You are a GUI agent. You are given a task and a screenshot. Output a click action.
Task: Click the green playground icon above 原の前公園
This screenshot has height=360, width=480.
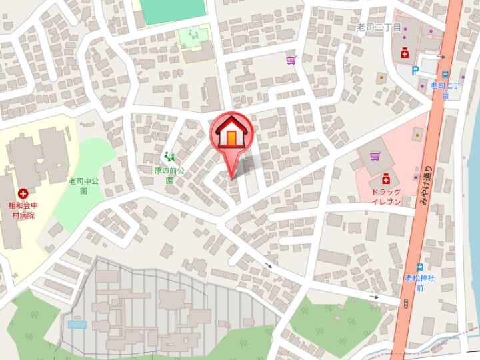(169, 157)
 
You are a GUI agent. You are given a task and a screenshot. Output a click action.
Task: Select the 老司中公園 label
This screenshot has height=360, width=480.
(84, 185)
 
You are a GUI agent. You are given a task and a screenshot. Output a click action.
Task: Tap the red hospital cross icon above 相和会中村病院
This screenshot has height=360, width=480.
(23, 193)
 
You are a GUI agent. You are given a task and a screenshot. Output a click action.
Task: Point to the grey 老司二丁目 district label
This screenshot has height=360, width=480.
(379, 27)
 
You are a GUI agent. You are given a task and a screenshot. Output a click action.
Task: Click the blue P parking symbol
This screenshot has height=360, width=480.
(416, 69)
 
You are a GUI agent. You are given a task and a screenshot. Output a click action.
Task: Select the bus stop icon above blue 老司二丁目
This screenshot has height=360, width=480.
(445, 75)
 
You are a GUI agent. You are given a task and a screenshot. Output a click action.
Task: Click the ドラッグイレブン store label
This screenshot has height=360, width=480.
(387, 196)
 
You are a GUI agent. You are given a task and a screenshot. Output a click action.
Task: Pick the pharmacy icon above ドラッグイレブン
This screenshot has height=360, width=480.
(385, 179)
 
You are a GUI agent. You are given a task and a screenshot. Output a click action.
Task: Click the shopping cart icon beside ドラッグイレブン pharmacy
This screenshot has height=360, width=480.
(375, 157)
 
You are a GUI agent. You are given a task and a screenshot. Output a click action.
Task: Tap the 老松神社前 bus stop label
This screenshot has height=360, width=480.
(420, 283)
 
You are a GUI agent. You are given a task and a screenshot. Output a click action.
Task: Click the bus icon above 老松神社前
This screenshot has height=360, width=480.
(419, 266)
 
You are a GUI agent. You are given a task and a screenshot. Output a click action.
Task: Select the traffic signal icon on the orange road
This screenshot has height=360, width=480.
(406, 303)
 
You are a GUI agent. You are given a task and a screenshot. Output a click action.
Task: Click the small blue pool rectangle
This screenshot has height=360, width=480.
(77, 324)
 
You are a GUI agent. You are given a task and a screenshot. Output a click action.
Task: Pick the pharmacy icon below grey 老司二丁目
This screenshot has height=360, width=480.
(403, 53)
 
